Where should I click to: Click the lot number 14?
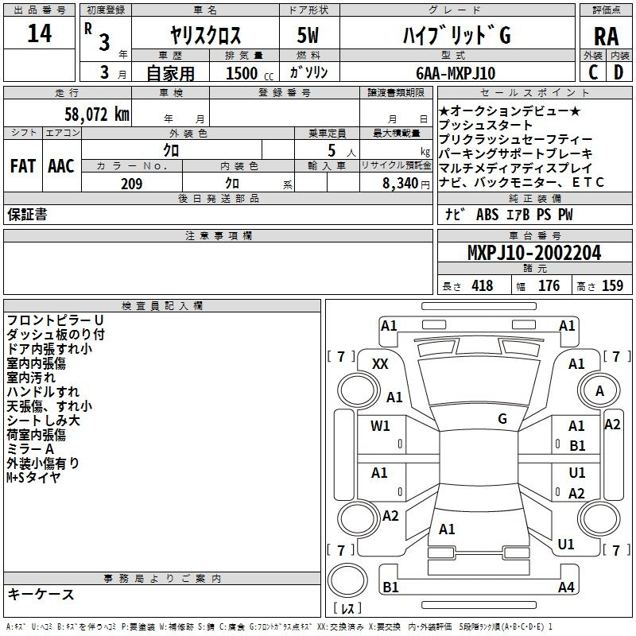pos(39,35)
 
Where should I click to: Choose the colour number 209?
pos(131,184)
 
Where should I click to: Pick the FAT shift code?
pos(23,166)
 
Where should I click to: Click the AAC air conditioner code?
pos(61,166)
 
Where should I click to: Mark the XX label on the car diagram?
pos(380,364)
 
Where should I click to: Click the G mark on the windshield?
pos(502,418)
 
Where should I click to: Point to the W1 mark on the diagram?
pos(380,426)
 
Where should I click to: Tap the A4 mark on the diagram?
pos(566,588)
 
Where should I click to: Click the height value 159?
pos(611,286)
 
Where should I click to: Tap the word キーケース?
pos(41,595)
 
